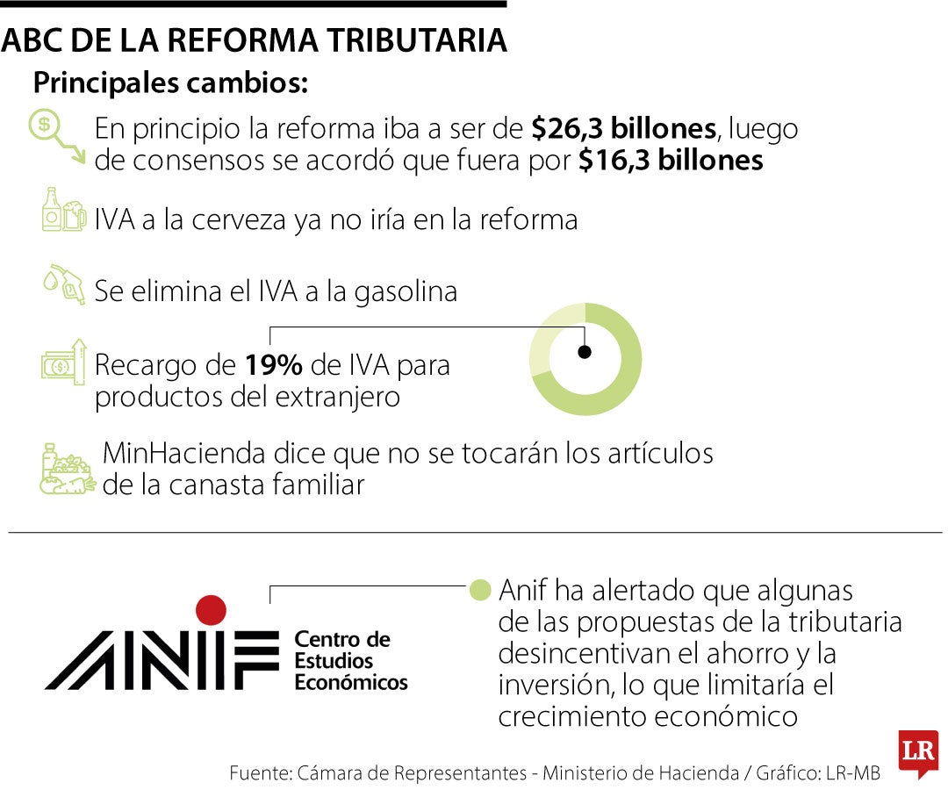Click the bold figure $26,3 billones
click(623, 129)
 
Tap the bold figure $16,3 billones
click(671, 161)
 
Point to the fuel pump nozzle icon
click(64, 283)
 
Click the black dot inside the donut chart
click(585, 352)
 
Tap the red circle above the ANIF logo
click(211, 609)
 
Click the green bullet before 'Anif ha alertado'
click(479, 589)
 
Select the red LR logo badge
click(918, 753)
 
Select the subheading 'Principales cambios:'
click(170, 84)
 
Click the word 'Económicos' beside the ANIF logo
click(351, 682)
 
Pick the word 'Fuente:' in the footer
click(260, 773)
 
